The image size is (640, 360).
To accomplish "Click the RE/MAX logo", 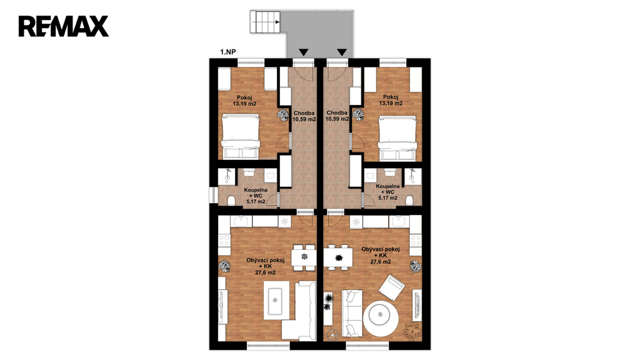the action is coord(63,26).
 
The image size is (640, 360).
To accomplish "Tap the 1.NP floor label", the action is coord(227,52).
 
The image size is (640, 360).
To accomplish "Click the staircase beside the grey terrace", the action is coord(265,22).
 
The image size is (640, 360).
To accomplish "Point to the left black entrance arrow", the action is coord(303,52).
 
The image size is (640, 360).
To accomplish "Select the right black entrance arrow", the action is coord(342,52).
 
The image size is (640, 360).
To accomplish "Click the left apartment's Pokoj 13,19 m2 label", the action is coord(244,101).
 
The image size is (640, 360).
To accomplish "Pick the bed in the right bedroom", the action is coord(397,138).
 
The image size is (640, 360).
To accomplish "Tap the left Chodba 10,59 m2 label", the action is coord(304,116).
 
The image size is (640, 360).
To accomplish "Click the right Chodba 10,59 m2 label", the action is coord(337,116).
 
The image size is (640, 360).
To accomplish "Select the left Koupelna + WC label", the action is coord(256,196).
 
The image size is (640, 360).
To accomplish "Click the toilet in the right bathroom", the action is coord(409,200).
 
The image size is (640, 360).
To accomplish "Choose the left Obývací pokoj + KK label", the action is coord(265,266).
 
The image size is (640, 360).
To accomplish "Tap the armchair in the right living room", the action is coord(392,287).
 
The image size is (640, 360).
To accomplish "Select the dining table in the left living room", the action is coord(304,257).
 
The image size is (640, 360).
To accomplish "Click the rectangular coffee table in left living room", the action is coord(276,301).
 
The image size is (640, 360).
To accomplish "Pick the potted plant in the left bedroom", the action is coord(282,114).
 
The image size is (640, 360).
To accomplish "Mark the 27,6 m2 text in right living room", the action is coord(381,262).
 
